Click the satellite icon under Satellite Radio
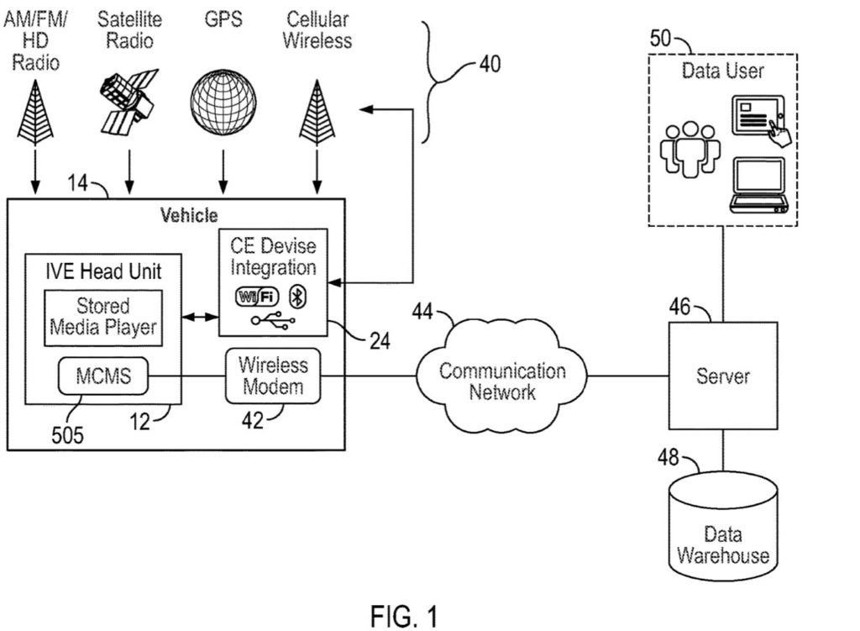128,100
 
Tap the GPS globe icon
223,100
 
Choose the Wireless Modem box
273,376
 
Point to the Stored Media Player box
102,318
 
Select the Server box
722,375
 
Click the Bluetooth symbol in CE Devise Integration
296,296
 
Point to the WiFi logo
255,296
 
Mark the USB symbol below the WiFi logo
273,322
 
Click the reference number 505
68,435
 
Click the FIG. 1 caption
403,617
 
